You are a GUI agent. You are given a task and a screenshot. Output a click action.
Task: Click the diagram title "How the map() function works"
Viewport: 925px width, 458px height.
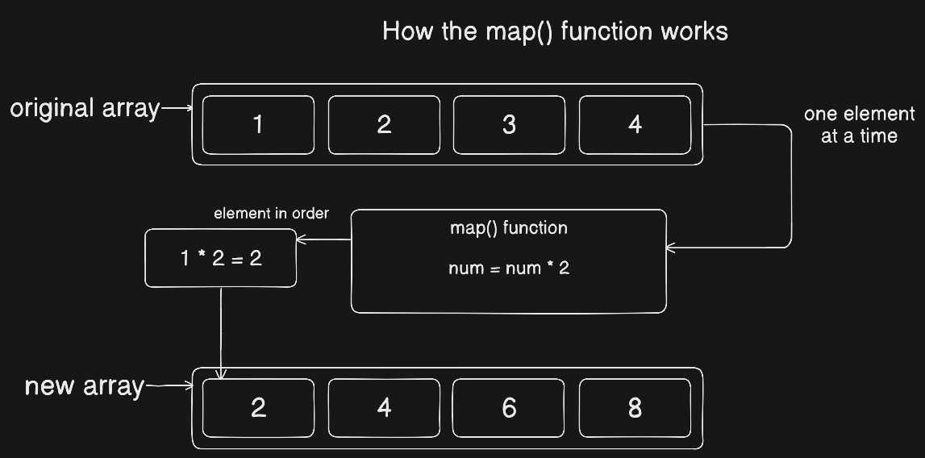[555, 31]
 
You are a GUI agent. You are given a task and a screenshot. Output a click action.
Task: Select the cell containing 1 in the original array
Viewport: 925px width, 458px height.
[258, 124]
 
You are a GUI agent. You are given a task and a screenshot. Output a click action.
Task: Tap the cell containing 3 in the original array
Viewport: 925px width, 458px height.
[509, 124]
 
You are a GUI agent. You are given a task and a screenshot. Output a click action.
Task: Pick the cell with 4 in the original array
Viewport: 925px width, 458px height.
[635, 124]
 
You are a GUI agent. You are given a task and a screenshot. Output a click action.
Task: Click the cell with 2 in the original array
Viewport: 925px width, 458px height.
[384, 124]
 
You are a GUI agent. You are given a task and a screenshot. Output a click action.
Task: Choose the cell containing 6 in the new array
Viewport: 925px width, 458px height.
[509, 408]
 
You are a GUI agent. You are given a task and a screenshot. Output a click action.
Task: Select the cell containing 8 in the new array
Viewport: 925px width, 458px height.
[635, 408]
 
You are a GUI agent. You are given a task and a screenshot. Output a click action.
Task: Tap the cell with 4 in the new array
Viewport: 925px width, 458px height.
[384, 408]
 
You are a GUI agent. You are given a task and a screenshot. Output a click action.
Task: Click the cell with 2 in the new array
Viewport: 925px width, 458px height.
[258, 408]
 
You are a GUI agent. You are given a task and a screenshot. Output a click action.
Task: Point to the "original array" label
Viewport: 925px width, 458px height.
[85, 109]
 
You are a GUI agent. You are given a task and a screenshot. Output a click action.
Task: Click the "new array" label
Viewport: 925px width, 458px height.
[85, 386]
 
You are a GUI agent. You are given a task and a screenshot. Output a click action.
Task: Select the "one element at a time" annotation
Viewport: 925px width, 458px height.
[860, 124]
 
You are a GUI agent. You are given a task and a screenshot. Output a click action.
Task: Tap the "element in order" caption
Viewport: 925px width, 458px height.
[271, 214]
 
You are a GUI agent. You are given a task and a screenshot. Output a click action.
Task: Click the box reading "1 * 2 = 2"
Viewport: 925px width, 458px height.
[221, 258]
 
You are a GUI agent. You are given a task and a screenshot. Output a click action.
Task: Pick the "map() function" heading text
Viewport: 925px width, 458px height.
[509, 228]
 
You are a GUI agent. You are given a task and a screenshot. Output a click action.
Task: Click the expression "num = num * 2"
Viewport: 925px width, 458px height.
[509, 268]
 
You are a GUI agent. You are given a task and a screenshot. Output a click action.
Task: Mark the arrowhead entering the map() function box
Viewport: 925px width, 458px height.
[670, 248]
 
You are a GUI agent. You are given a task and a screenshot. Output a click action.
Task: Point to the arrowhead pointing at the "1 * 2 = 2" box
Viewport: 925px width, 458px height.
[301, 239]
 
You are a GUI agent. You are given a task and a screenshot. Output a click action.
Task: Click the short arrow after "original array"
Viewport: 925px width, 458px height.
[177, 108]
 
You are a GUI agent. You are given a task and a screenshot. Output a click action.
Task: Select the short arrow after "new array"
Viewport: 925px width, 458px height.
[169, 385]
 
